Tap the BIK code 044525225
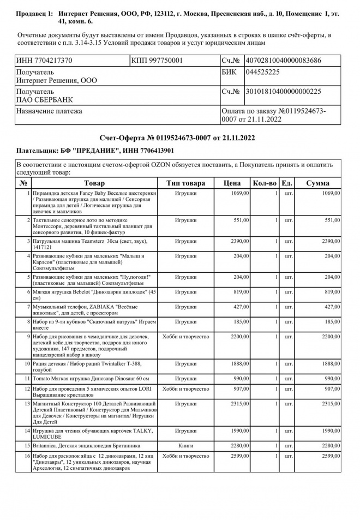click(263, 72)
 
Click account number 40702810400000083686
click(283, 61)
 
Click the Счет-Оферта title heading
click(177, 139)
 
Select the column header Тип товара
click(186, 183)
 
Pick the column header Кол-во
click(265, 183)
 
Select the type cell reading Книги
click(186, 445)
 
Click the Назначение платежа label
click(50, 111)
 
